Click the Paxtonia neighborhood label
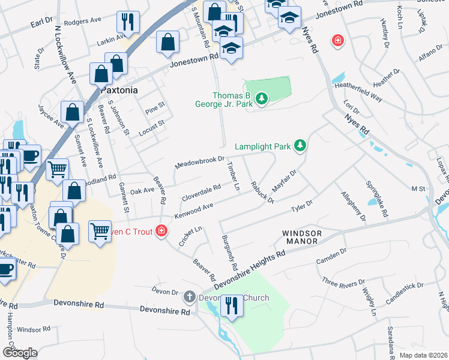pos(119,90)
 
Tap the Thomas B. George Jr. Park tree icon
pos(261,98)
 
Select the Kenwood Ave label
pos(194,211)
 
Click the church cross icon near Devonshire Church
pos(190,296)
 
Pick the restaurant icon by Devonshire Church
pos(230,306)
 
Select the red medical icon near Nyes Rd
pos(339,40)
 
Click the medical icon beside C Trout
pos(161,230)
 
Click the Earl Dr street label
pos(41,22)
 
